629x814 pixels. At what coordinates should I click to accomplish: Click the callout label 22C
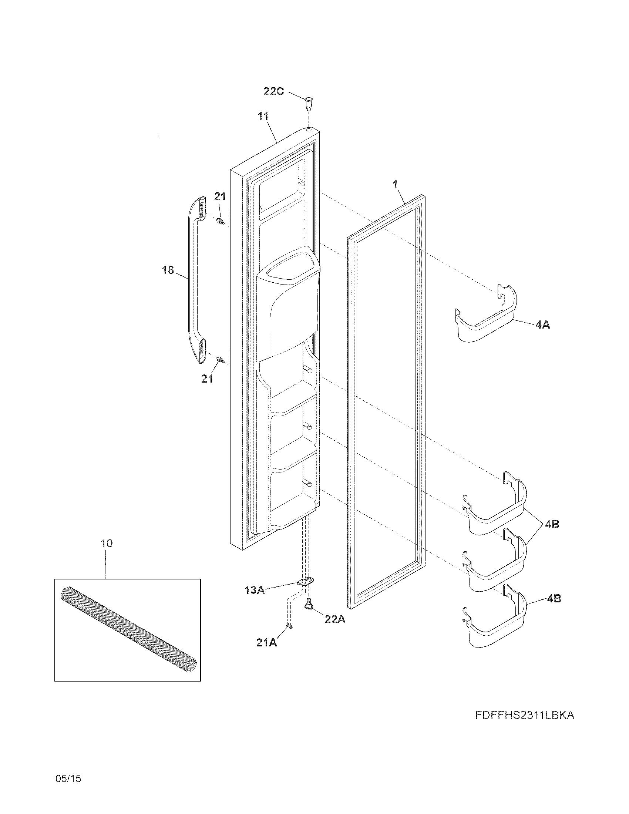273,91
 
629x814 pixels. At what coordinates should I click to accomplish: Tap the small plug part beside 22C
309,102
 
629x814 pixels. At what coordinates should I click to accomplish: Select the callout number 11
263,116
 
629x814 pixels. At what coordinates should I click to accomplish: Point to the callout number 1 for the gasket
395,184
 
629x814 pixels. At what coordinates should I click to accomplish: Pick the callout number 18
168,270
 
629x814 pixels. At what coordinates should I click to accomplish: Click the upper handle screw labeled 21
220,222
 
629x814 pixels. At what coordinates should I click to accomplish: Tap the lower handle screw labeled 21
221,360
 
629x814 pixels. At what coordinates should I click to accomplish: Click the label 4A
542,325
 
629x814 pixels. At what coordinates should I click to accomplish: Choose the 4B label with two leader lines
552,524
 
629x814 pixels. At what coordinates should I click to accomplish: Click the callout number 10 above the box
107,544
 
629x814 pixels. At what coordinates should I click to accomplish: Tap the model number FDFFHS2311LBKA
525,715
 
